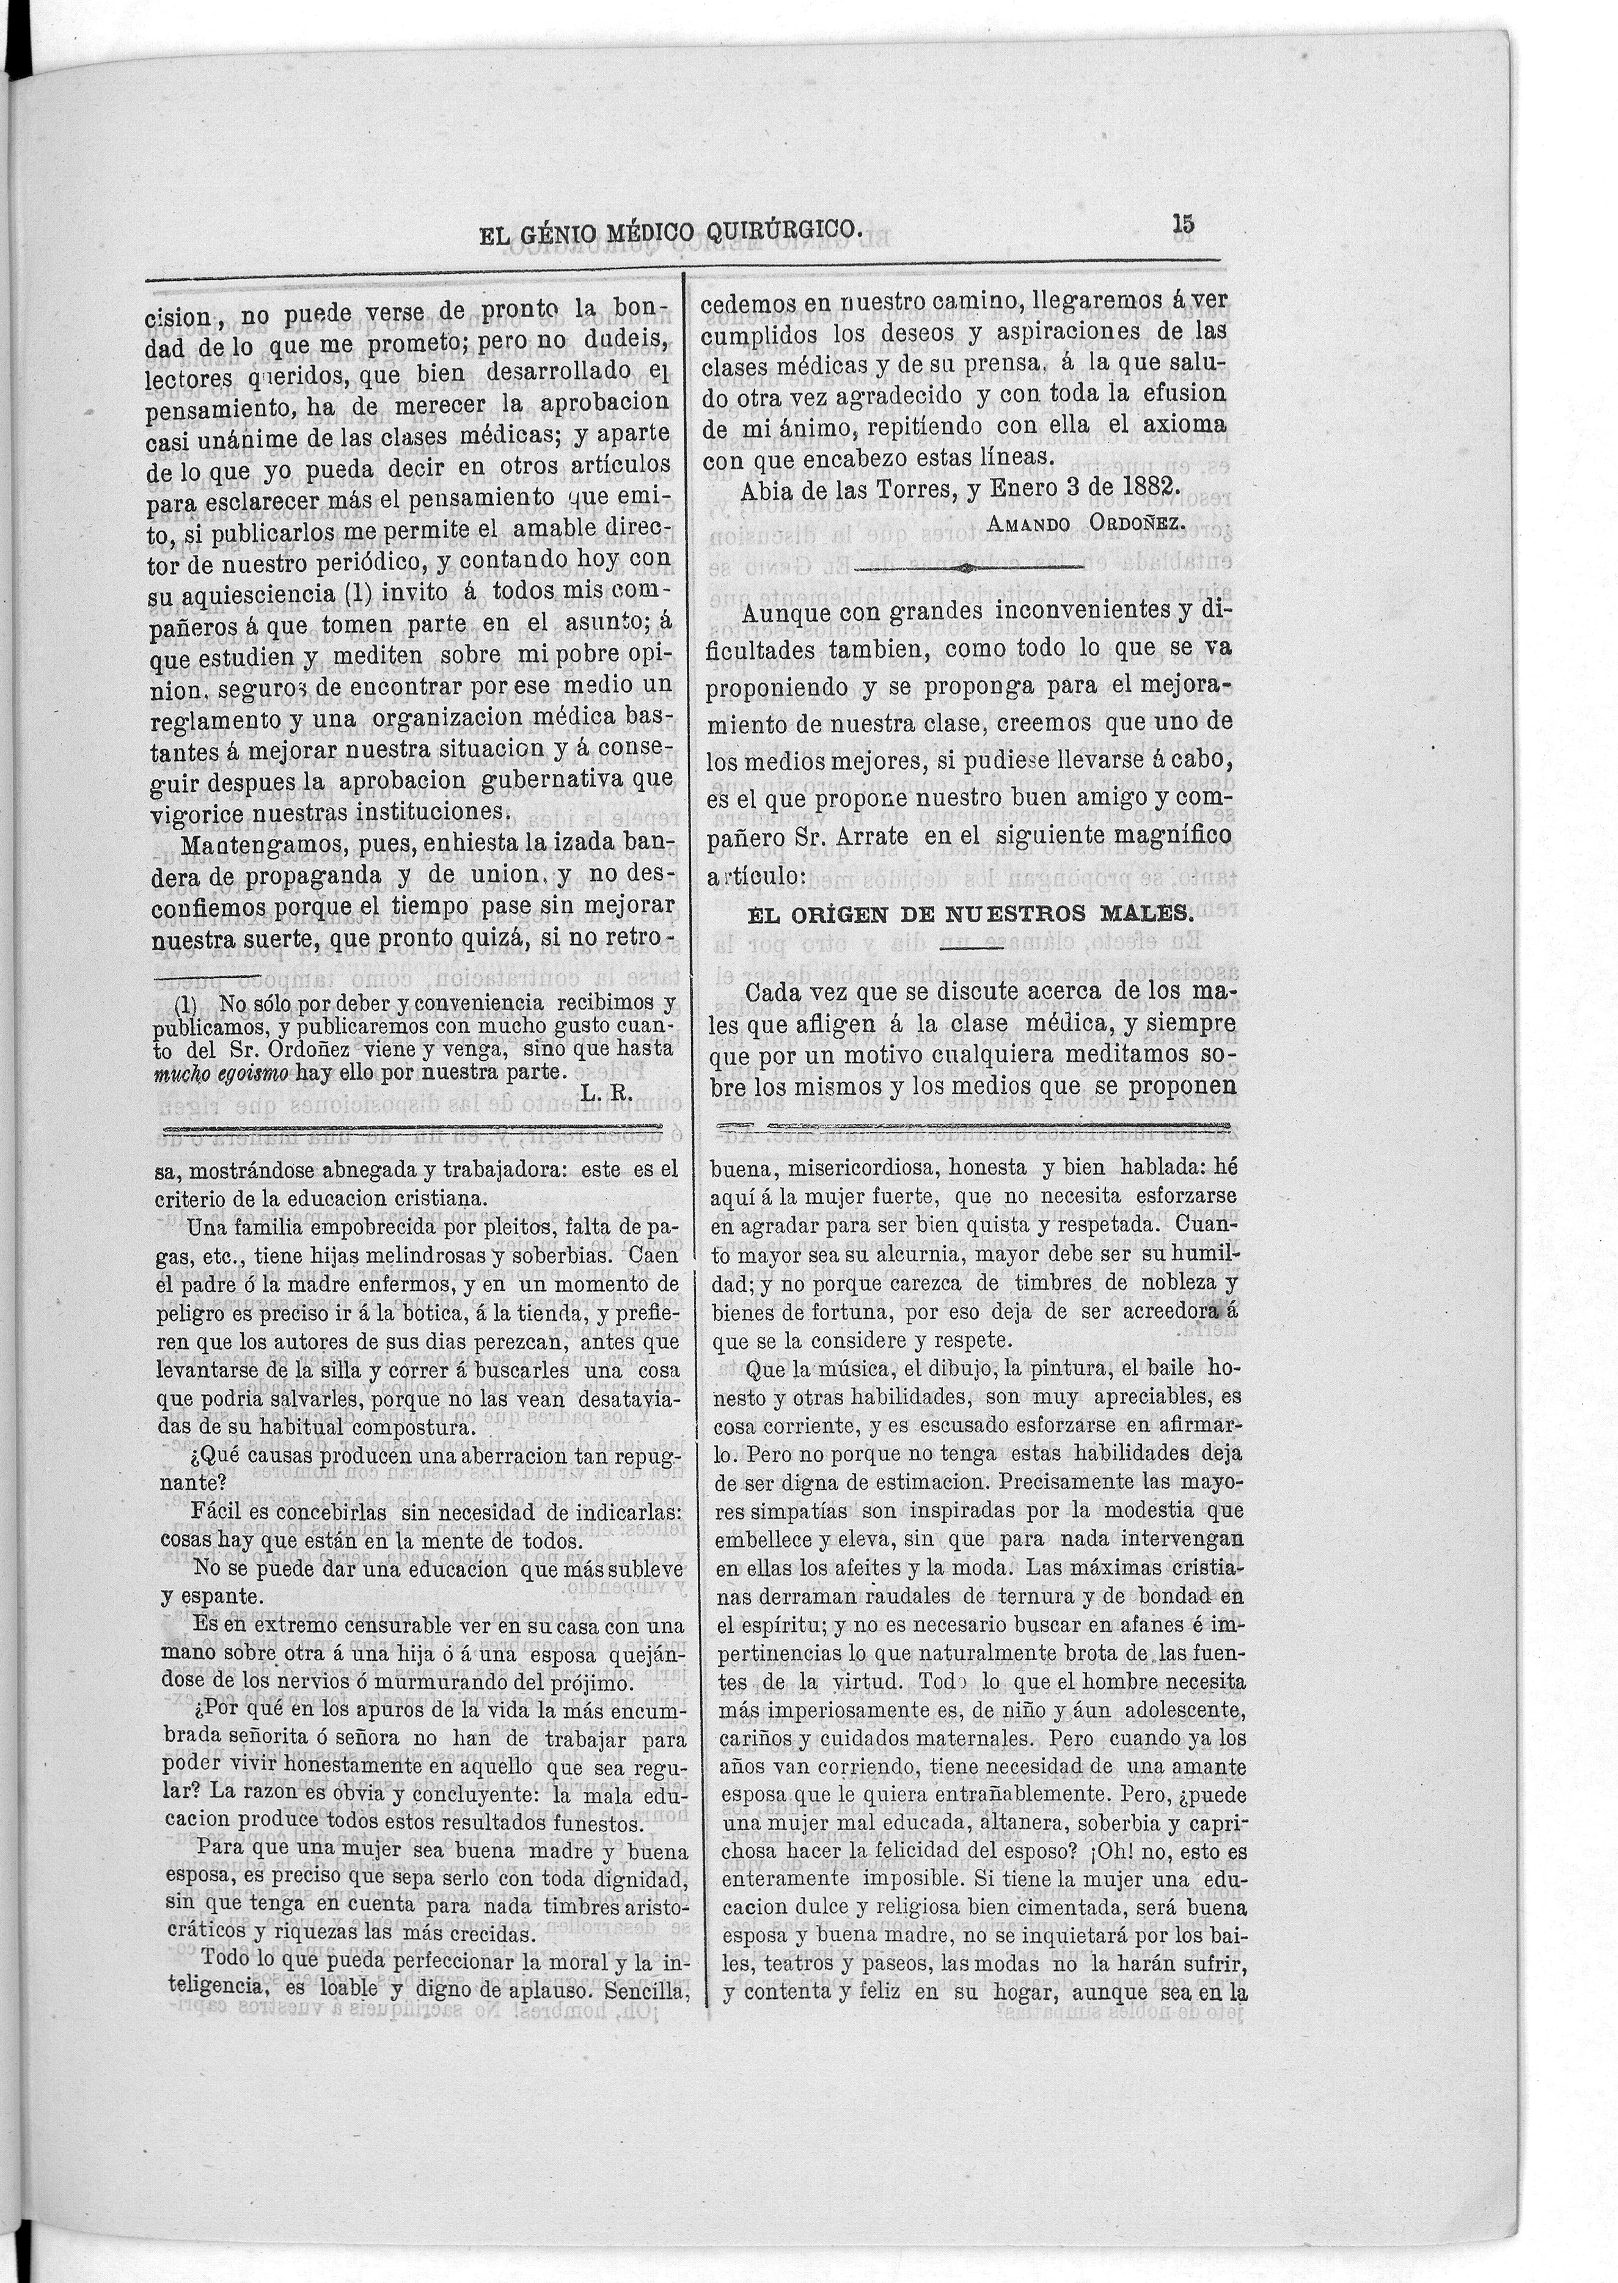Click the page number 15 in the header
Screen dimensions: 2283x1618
[1184, 223]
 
